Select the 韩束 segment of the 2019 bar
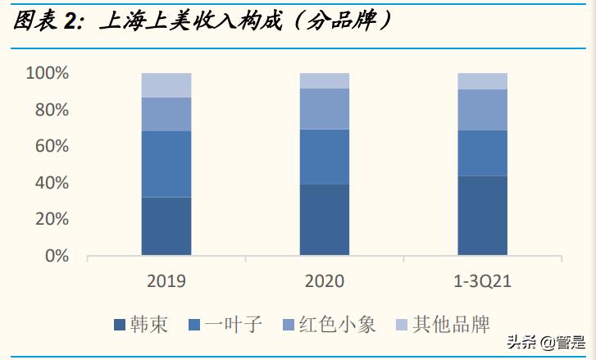(166, 226)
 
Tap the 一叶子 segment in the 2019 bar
(166, 164)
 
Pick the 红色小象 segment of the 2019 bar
(166, 114)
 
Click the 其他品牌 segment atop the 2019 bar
(166, 85)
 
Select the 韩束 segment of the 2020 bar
(324, 220)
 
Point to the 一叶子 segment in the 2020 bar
(324, 157)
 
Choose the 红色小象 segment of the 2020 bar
(324, 108)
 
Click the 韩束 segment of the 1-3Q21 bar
(482, 216)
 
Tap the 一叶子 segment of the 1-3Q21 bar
(482, 153)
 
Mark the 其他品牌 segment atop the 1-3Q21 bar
(482, 80)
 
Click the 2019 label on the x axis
(166, 281)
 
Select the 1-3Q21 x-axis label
(482, 281)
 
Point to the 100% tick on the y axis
(47, 74)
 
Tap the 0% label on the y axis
(55, 256)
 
